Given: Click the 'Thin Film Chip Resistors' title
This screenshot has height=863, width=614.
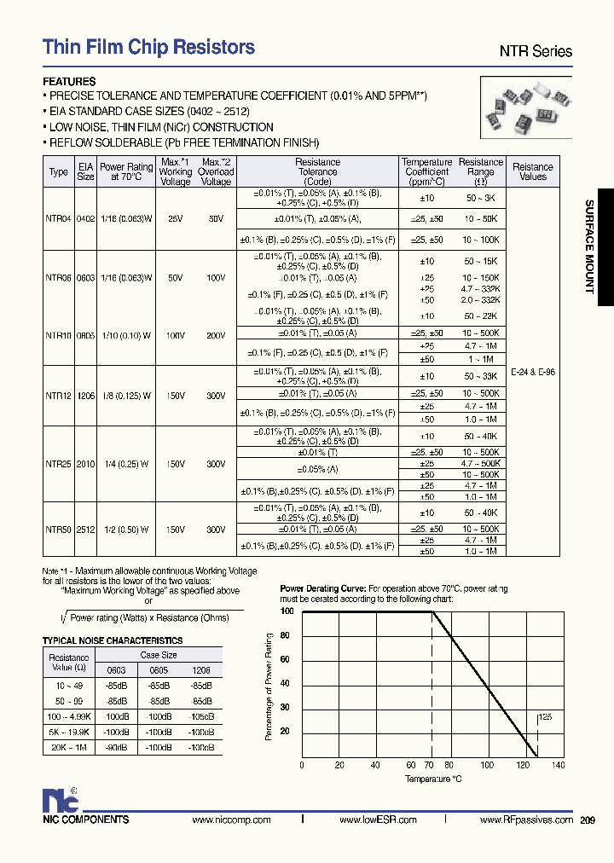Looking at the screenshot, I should coord(149,48).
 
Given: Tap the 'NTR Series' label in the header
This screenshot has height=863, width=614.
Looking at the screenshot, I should coord(536,52).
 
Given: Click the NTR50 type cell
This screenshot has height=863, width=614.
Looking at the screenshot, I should coord(57,530).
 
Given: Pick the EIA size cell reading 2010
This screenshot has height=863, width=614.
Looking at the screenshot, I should coord(86,465).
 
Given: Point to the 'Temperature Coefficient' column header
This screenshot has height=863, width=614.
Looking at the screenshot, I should coord(426,171).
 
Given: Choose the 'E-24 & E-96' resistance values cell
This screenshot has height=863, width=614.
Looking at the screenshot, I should coord(533,373).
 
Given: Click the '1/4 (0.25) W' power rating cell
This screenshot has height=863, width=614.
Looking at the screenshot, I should coord(126,465).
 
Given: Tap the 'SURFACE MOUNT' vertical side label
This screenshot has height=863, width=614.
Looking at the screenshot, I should coord(588,246).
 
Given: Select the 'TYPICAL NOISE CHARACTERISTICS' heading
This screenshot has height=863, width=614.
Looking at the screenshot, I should coord(113,640).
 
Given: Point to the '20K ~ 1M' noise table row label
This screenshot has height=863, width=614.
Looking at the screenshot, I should coord(68,747).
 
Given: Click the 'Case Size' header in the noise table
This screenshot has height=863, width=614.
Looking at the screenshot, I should coord(159,655).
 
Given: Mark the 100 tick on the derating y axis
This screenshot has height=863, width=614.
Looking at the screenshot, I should coord(287,611).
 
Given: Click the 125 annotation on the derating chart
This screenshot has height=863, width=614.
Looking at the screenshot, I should coord(546,718).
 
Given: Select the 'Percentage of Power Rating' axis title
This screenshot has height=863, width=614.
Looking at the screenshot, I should coord(269,686).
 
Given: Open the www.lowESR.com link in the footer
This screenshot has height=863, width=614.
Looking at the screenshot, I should coord(378,820).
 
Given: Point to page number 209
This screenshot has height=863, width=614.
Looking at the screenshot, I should coord(587,820).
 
